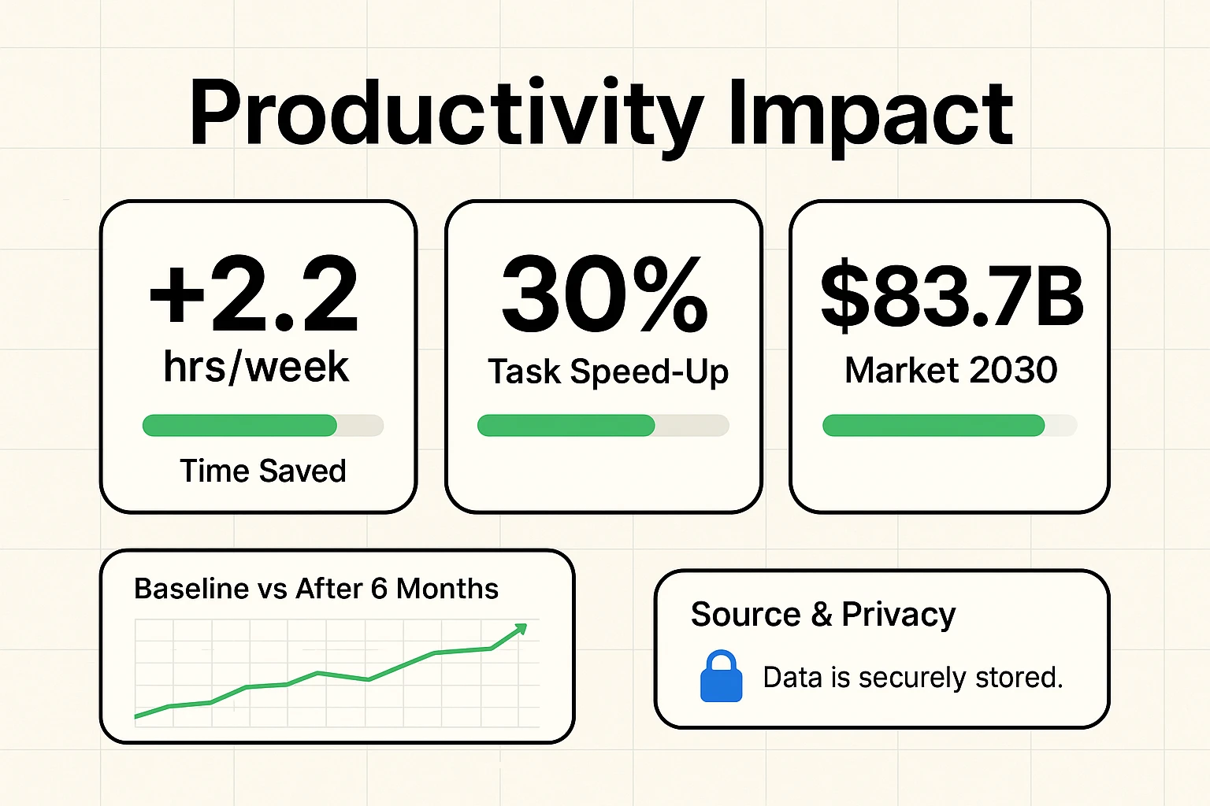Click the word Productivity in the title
(446, 114)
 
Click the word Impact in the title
(870, 114)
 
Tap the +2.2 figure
(254, 295)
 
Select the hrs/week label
(256, 367)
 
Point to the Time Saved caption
(263, 471)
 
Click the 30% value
(604, 295)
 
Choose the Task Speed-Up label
(608, 372)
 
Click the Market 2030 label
(951, 370)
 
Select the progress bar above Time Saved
(262, 426)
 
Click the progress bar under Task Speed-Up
(603, 426)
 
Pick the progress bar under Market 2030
(949, 426)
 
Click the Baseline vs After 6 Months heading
(316, 589)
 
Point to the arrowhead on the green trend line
(521, 628)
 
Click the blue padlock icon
(721, 677)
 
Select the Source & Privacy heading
(822, 614)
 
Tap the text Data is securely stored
(912, 678)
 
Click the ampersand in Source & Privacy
(821, 615)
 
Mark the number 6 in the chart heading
(379, 589)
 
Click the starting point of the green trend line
(136, 716)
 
